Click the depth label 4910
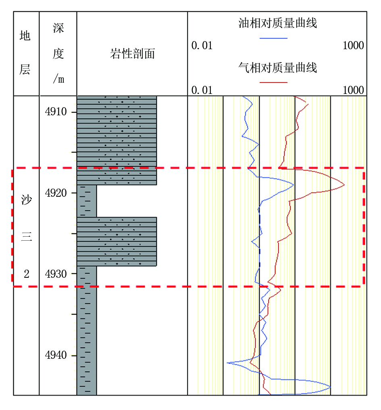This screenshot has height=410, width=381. coord(56,112)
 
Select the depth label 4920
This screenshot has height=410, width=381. coord(56,193)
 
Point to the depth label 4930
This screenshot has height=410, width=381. coord(56,274)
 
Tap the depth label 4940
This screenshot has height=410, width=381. coord(56,355)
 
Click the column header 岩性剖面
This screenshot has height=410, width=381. coord(133,54)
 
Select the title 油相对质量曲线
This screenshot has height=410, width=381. coord(277,23)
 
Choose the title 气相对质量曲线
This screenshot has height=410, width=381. coord(277,68)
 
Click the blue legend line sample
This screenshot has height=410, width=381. coord(273,38)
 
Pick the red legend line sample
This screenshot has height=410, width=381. coord(273,82)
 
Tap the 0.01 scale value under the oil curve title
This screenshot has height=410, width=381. coord(202,46)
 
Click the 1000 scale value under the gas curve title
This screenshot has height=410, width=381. coord(353,90)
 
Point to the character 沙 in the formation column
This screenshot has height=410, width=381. coord(27,200)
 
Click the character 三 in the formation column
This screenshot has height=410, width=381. coord(27,237)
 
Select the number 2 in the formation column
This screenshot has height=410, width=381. coord(27,274)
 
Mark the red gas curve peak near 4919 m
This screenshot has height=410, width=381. coord(344,185)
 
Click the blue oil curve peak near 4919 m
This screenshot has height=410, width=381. coord(294,185)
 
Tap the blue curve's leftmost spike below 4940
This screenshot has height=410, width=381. coord(227,363)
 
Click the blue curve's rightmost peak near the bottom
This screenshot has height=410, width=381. coord(331,387)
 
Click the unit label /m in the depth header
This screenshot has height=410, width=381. coord(58,78)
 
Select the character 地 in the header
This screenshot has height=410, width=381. coord(25,35)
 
